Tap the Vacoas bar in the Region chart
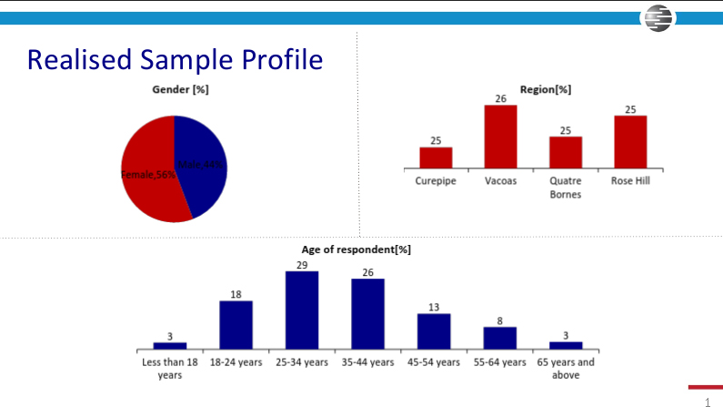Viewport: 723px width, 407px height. tap(500, 137)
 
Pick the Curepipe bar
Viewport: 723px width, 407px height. tap(436, 158)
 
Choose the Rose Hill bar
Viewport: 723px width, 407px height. tap(630, 141)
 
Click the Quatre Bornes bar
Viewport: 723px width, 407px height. tap(566, 152)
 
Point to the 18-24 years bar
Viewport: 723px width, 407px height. tap(236, 325)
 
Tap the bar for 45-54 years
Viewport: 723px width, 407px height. tap(434, 331)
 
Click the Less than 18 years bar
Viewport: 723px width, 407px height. tap(170, 345)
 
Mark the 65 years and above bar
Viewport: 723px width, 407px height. tap(566, 345)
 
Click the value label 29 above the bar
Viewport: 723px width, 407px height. tap(302, 265)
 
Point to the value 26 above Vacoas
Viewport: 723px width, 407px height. tap(500, 97)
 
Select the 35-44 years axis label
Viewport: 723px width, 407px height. tap(368, 362)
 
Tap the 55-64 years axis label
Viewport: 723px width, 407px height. tap(500, 362)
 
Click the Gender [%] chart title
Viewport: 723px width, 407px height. tap(181, 89)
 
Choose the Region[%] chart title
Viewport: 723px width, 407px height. tap(545, 89)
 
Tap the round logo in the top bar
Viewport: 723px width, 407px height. tap(657, 18)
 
